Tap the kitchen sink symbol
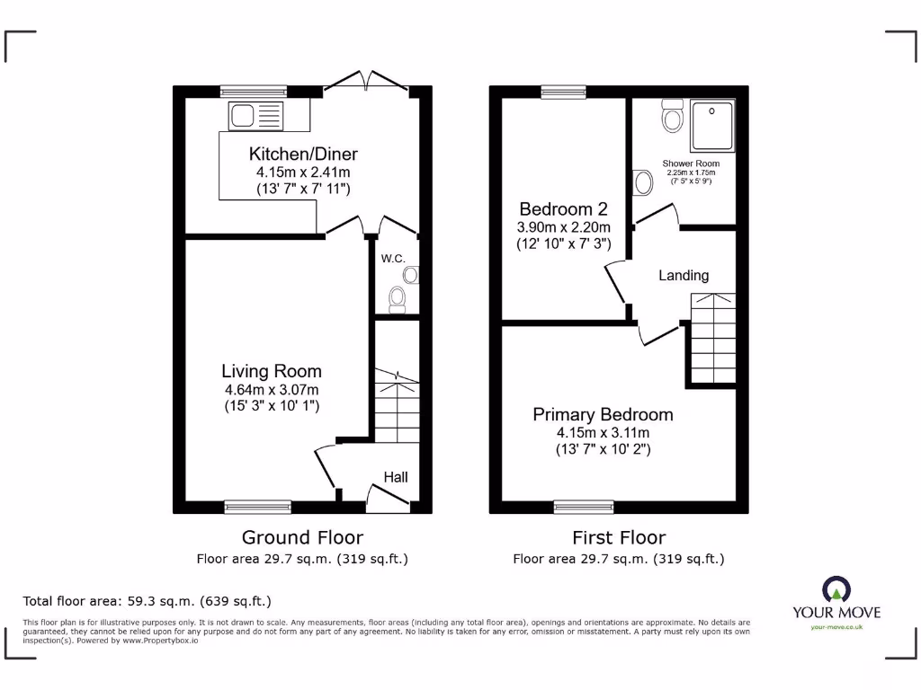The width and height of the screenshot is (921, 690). tap(256, 115)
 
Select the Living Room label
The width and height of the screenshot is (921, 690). tap(272, 371)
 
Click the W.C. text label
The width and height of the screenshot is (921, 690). tap(393, 259)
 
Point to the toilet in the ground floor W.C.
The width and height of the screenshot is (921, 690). tap(397, 296)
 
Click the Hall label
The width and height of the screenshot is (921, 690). tap(396, 476)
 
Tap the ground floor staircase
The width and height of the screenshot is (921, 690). tap(396, 409)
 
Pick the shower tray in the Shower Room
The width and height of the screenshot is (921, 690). tap(712, 125)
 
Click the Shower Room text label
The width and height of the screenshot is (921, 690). tap(691, 164)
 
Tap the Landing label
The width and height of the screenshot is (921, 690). tap(684, 275)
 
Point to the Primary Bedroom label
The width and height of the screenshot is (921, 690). tap(603, 414)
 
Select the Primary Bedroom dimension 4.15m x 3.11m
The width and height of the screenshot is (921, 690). tap(603, 432)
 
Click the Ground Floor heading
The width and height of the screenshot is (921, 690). tap(302, 537)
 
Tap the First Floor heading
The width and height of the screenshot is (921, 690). tap(619, 537)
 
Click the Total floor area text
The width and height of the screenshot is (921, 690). tap(147, 601)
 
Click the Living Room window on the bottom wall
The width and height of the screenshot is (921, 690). tap(257, 507)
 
